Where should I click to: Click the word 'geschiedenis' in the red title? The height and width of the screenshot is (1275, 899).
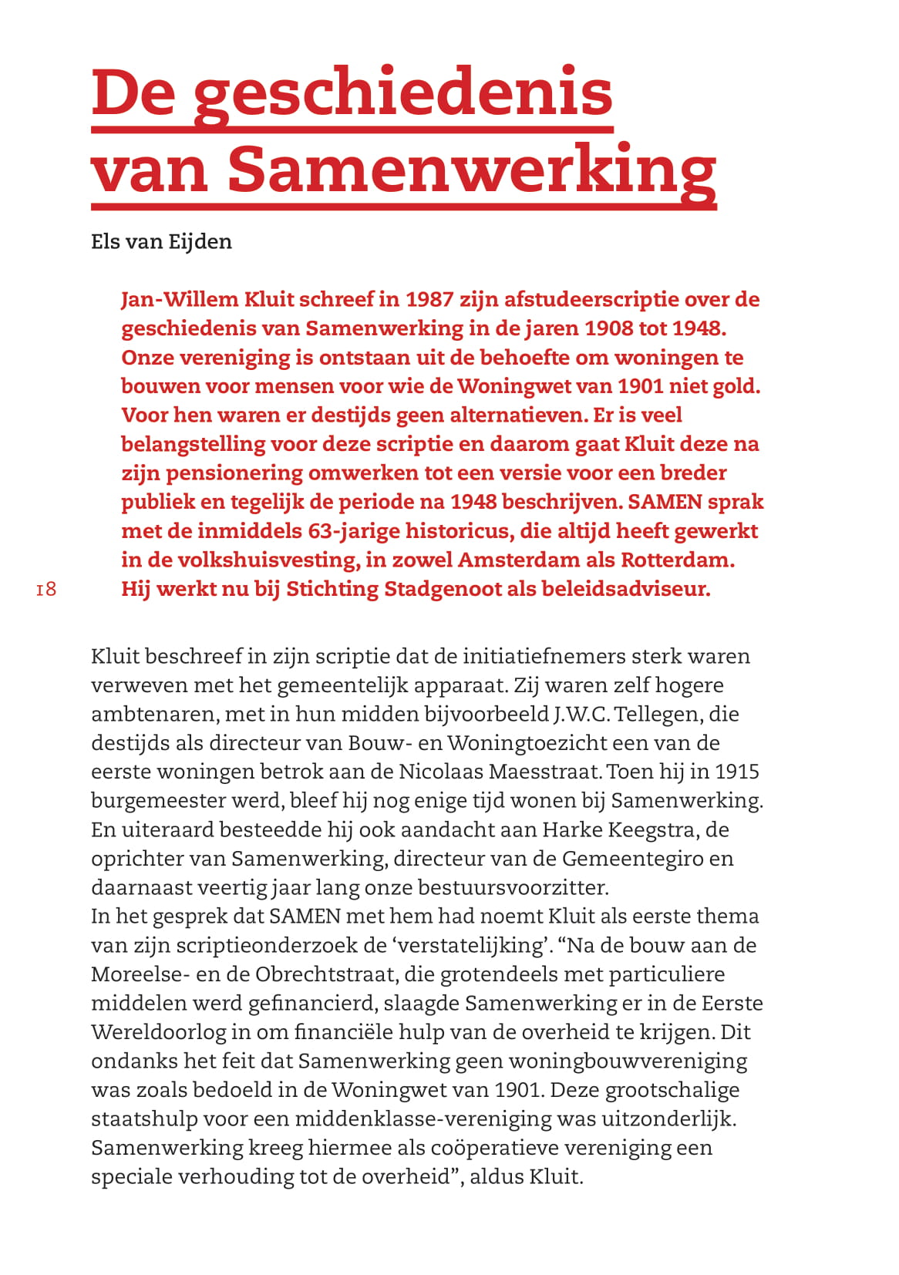[x=402, y=93]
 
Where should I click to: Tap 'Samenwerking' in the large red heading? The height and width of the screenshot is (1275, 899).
[x=472, y=170]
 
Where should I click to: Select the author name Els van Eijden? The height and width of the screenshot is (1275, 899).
[x=161, y=242]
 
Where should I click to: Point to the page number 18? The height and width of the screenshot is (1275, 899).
[x=46, y=590]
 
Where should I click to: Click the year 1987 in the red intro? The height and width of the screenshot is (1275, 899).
[x=430, y=299]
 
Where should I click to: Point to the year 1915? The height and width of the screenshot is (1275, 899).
[x=737, y=772]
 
